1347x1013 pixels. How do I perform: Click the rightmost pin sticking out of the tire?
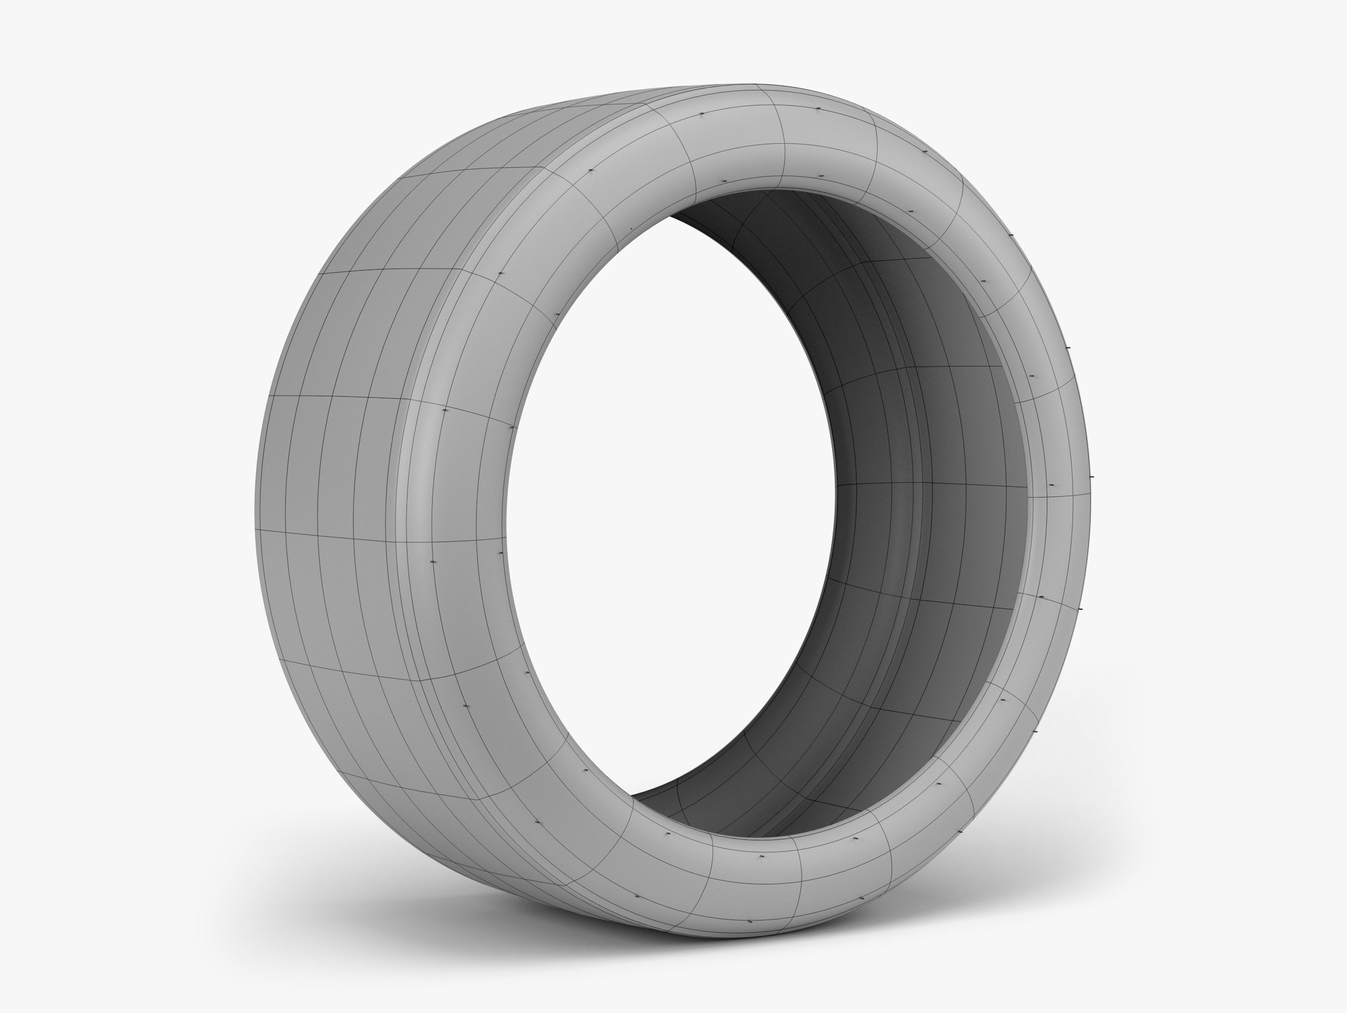pyautogui.click(x=1091, y=476)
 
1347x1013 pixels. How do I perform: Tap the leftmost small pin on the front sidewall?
pyautogui.click(x=433, y=561)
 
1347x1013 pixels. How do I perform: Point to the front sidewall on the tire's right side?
pyautogui.click(x=1060, y=487)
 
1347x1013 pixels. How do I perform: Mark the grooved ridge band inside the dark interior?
pyautogui.click(x=913, y=487)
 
